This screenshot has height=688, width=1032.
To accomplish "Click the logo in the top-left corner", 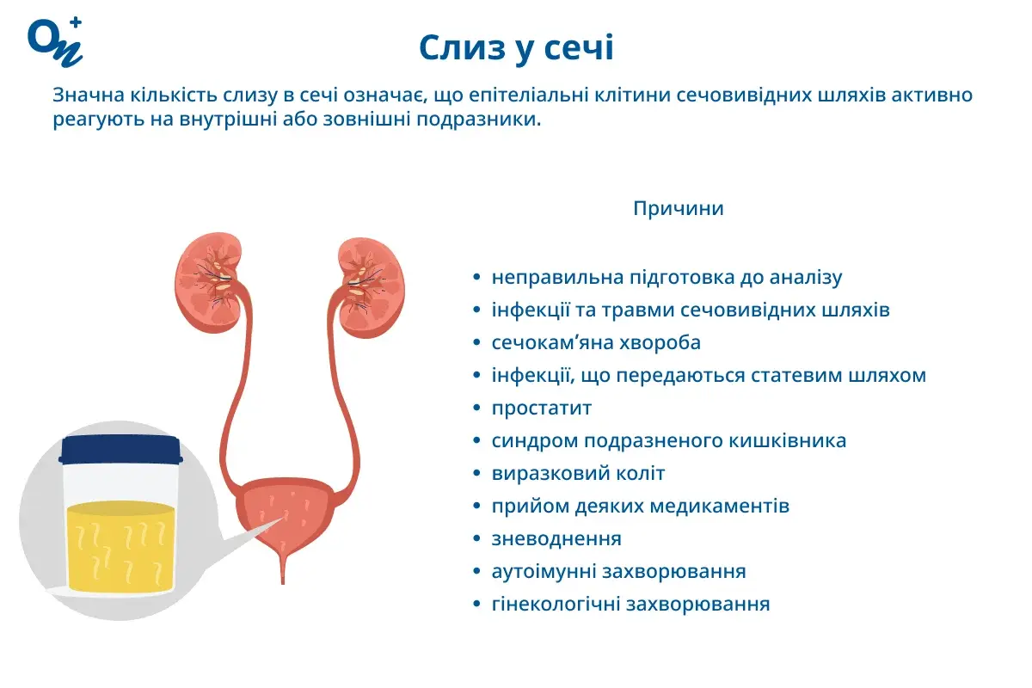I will [x=55, y=40].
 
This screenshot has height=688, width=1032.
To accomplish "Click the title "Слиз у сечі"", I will [x=516, y=48].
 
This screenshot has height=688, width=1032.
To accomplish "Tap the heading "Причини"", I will [x=678, y=209].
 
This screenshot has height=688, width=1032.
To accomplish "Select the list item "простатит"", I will [x=542, y=408].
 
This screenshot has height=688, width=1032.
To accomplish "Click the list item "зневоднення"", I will [x=556, y=538].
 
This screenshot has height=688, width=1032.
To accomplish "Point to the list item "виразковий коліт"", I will [x=578, y=473].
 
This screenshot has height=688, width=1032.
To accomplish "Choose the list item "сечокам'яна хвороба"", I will [x=596, y=342].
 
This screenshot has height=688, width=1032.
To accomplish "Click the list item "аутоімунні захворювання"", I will [x=618, y=571].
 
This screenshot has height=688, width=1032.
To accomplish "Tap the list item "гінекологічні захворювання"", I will [x=630, y=604].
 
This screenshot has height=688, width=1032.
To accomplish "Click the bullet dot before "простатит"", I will [x=477, y=408].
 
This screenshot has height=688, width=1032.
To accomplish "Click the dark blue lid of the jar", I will [x=120, y=449].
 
